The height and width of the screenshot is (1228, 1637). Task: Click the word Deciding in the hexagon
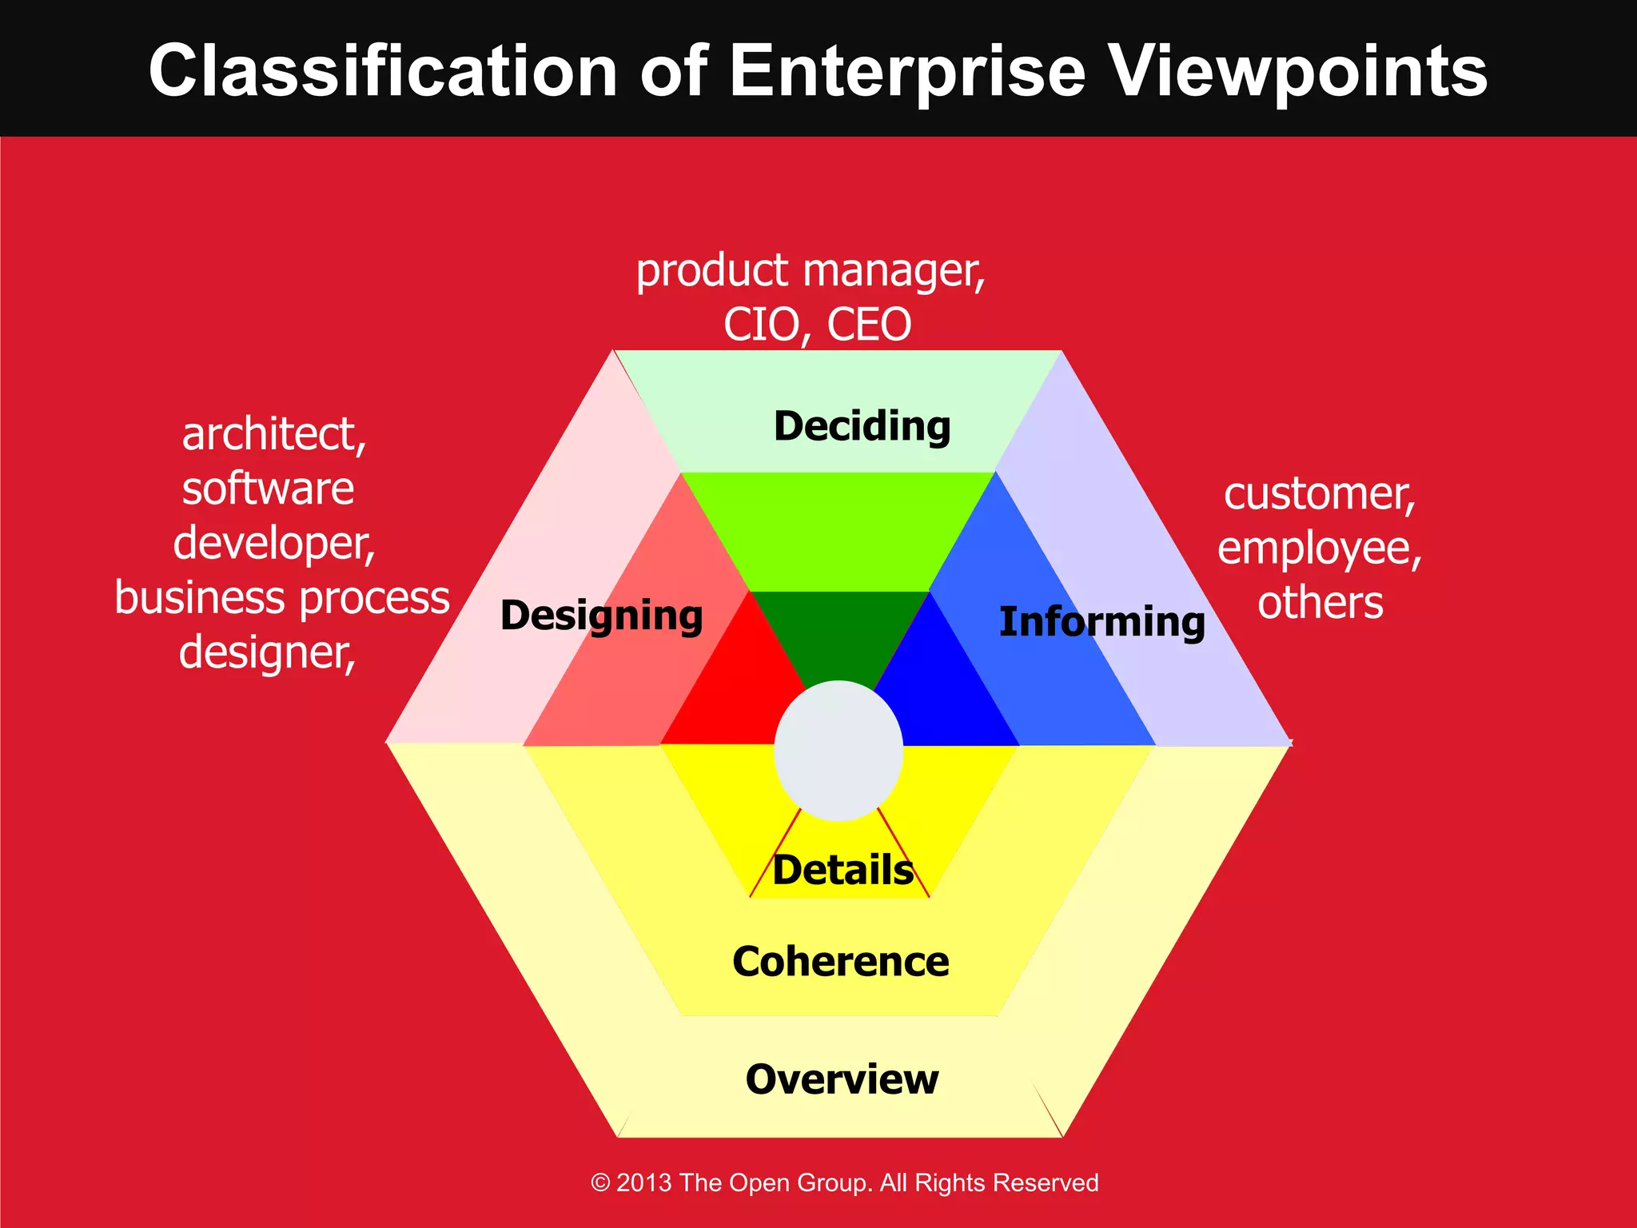click(x=862, y=426)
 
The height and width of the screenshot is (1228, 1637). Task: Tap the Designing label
click(x=601, y=616)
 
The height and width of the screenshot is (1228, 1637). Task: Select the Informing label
click(x=1101, y=622)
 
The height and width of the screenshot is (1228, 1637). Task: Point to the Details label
click(x=842, y=870)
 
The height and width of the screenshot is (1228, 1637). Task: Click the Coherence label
click(x=841, y=961)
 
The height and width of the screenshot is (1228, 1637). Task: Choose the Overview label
click(x=842, y=1079)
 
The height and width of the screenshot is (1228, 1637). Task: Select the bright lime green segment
click(x=838, y=532)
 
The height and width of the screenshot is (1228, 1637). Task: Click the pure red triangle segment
click(x=739, y=696)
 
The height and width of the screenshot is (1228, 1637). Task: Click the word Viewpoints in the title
click(x=1299, y=72)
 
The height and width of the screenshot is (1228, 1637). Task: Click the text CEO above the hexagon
click(x=869, y=325)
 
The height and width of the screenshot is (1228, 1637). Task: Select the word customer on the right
click(x=1319, y=494)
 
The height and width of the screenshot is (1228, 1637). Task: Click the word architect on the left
click(x=273, y=434)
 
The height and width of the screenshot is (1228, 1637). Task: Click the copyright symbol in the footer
click(x=600, y=1182)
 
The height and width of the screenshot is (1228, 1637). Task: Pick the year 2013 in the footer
click(x=644, y=1182)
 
